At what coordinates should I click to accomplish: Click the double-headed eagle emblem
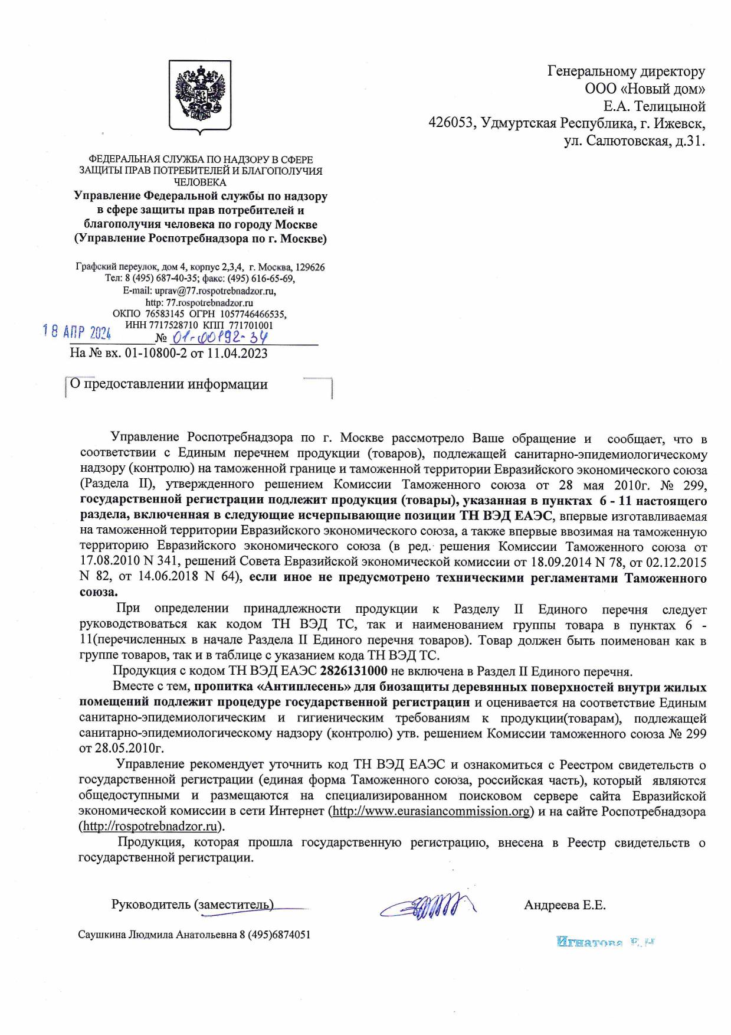200,95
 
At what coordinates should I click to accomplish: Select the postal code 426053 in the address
453,124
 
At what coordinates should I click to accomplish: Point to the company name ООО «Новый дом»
645,89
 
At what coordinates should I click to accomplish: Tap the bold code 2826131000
353,671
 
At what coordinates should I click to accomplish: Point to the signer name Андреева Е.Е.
565,905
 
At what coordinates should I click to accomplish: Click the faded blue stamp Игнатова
606,942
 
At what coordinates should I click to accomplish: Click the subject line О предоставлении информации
169,384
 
